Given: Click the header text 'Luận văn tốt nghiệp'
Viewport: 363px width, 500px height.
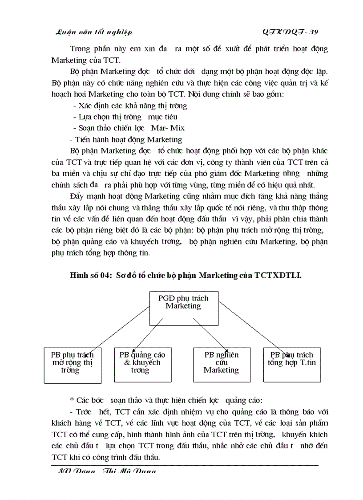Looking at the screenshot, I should click(x=93, y=32).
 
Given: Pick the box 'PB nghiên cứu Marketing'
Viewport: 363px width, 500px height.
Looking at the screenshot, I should click(x=221, y=362).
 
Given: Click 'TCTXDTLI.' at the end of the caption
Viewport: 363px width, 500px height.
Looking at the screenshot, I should click(x=278, y=276).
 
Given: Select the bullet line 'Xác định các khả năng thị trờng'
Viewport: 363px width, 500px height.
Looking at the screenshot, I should click(x=130, y=106).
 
